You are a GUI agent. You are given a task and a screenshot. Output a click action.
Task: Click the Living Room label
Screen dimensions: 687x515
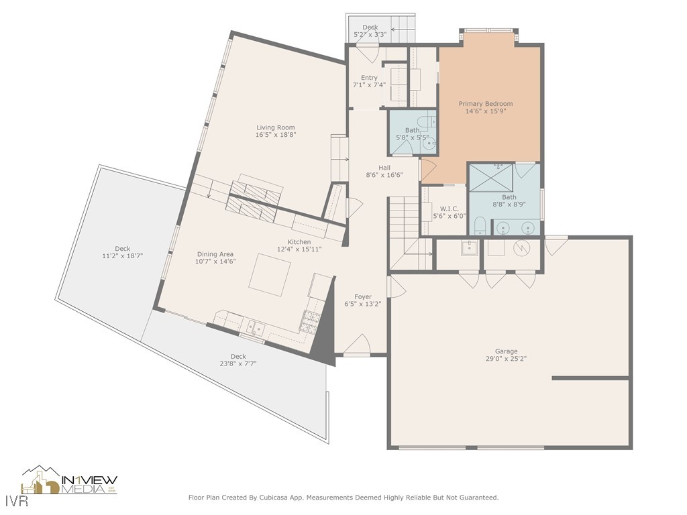coord(276,128)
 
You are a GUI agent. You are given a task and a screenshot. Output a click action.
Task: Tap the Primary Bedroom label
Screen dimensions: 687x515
coord(486,104)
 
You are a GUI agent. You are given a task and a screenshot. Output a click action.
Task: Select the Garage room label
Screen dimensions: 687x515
coord(506,351)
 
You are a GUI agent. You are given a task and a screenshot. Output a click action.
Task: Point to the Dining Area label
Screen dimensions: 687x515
coord(215,254)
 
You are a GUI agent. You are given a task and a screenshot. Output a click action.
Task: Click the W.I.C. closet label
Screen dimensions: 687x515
coord(449,209)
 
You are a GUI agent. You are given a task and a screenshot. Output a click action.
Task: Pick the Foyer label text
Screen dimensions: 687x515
coord(363,297)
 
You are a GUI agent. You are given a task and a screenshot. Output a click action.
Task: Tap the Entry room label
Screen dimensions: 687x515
coord(369,78)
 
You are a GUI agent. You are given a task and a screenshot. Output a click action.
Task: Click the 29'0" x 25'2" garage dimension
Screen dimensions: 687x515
coord(506,359)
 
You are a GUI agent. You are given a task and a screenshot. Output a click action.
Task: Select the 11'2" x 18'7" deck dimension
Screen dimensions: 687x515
coord(123,256)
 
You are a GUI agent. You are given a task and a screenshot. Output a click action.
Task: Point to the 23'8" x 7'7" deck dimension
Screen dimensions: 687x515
coord(238,363)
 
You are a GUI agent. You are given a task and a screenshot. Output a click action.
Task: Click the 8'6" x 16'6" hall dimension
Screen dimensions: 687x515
coord(384,175)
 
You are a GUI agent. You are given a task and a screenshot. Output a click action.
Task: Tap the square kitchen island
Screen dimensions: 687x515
coord(270,274)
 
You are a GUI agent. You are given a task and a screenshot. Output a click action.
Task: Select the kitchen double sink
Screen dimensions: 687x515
coord(254,327)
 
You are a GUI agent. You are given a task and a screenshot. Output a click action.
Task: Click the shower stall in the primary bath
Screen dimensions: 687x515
coord(491,178)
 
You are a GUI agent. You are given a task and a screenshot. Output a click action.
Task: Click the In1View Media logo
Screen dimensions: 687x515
coord(69,480)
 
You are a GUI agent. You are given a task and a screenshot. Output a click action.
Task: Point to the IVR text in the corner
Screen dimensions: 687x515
coord(17,501)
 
